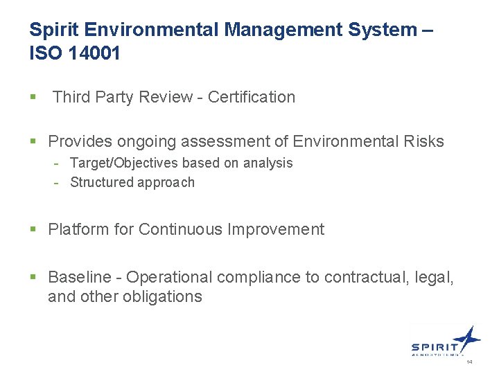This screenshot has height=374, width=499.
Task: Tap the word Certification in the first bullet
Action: pyautogui.click(x=252, y=97)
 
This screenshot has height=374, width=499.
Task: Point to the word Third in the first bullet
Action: pyautogui.click(x=71, y=97)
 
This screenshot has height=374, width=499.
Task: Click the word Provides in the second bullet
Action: pyautogui.click(x=80, y=142)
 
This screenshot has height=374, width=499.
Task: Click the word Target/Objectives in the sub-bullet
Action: pyautogui.click(x=125, y=163)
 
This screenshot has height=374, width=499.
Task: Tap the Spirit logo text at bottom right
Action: pyautogui.click(x=435, y=348)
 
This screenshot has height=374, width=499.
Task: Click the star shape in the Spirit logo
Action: pyautogui.click(x=468, y=338)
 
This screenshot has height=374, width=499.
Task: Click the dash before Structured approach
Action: pyautogui.click(x=60, y=182)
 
